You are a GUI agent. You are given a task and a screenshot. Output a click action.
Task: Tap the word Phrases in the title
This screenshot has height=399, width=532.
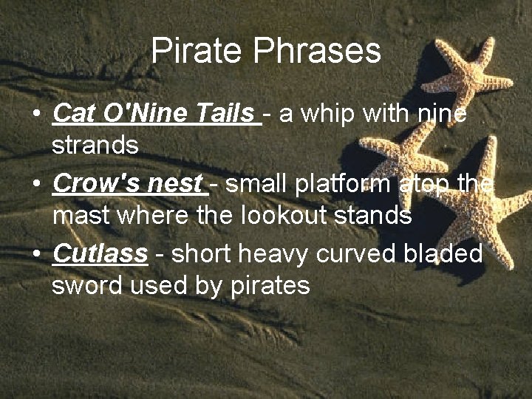pos(317,51)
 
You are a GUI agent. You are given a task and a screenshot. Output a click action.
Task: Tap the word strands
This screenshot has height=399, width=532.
pos(95,146)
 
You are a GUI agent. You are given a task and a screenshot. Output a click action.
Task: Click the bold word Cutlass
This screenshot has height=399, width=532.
pos(100,253)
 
